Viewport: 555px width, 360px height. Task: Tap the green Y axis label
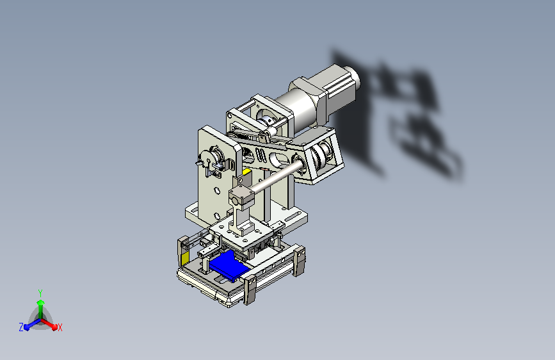(40, 293)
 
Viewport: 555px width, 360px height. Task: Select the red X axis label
(60, 327)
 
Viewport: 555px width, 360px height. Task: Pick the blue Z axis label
(21, 327)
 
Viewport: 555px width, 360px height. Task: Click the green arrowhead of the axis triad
(41, 302)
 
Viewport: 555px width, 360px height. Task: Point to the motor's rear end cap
(350, 79)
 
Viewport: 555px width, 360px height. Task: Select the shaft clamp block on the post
(241, 197)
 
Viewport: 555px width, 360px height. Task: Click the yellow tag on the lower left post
(185, 259)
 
